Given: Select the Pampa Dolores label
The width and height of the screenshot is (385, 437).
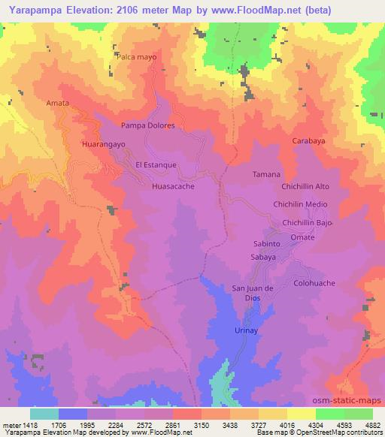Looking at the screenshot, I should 147,125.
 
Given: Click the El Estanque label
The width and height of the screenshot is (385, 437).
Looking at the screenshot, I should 156,164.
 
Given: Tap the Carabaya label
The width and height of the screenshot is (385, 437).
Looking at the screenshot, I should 311,140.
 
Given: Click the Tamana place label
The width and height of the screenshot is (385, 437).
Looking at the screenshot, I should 266,174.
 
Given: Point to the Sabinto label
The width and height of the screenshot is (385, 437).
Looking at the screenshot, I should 265,243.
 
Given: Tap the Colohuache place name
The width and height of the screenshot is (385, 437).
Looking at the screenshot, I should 314,283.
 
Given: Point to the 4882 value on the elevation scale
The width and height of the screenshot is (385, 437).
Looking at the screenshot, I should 373,424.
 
